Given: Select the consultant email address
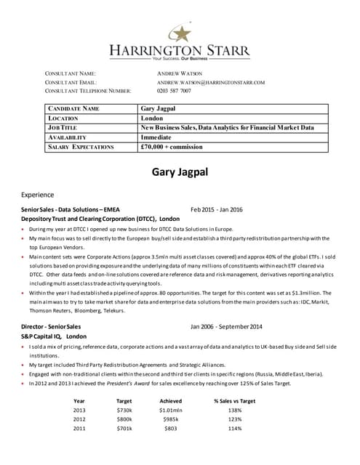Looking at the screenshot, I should [x=211, y=82].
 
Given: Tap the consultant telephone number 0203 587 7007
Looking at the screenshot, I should [x=175, y=91].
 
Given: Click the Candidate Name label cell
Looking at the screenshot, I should [x=73, y=108].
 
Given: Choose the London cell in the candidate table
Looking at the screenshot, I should [x=152, y=118].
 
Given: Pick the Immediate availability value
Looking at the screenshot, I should [x=156, y=137].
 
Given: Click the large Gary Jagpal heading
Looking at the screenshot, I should [x=180, y=172].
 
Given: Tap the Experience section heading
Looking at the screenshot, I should [x=37, y=195].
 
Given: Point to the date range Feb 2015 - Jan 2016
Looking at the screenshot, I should [x=217, y=209].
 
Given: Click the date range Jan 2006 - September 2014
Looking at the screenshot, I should [x=226, y=327].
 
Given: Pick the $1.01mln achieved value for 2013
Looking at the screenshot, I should [x=170, y=410].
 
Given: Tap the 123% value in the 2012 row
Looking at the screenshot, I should [x=234, y=419].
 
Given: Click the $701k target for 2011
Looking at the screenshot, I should [x=124, y=429].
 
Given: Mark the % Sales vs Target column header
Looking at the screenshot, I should [x=234, y=400].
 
